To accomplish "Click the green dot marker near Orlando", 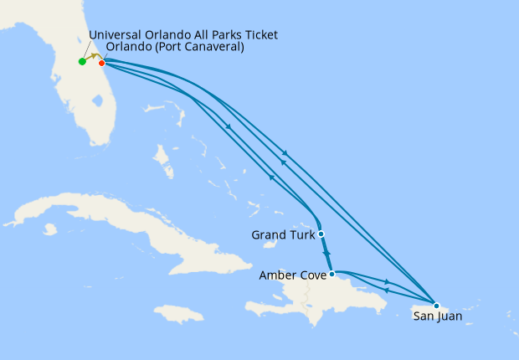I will tap(82, 61).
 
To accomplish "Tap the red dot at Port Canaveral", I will tap(101, 63).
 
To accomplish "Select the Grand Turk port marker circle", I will tap(321, 234).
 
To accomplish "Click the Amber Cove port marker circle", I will tap(332, 274).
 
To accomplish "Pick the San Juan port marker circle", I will tap(435, 306).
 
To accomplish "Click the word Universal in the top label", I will tap(116, 34).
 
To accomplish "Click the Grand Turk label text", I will tap(282, 235).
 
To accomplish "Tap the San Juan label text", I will tap(437, 316).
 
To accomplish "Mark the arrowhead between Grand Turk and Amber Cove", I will tap(326, 253).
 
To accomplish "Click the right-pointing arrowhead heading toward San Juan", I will tap(387, 282).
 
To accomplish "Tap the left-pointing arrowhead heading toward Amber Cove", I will tap(385, 290).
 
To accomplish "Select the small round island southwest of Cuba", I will tap(49, 229).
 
